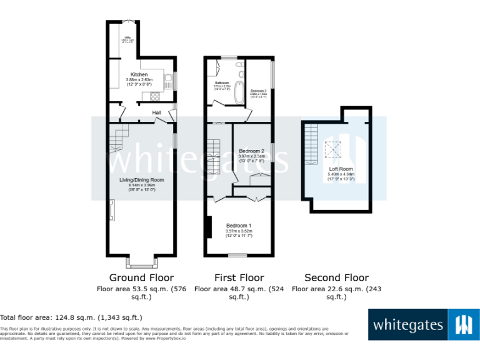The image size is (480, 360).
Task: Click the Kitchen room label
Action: pyautogui.click(x=139, y=75)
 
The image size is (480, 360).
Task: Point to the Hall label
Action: pyautogui.click(x=156, y=112)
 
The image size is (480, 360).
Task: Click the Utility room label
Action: pyautogui.click(x=125, y=37)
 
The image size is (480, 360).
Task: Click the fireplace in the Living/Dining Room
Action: pyautogui.click(x=112, y=211)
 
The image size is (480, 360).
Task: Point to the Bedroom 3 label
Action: pyautogui.click(x=258, y=91)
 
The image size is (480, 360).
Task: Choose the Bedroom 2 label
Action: pyautogui.click(x=251, y=151)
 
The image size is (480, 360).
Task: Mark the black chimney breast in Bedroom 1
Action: pyautogui.click(x=208, y=226)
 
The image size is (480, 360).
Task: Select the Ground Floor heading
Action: pyautogui.click(x=141, y=277)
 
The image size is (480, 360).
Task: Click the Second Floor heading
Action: pyautogui.click(x=336, y=277)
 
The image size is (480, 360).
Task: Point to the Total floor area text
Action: pyautogui.click(x=71, y=317)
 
